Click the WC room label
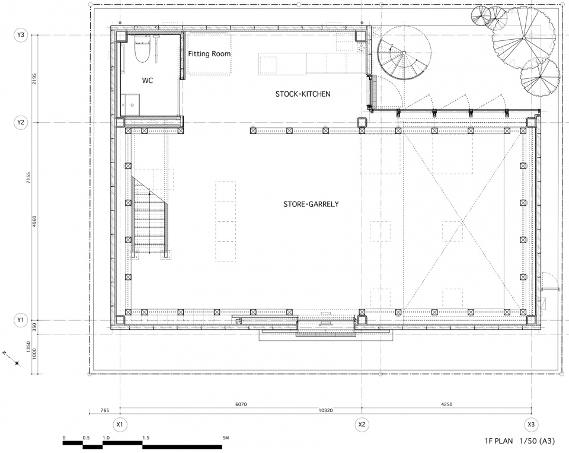coord(148,81)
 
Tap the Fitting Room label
coord(209,54)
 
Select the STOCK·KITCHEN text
coord(303,94)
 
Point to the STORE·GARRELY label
coord(311,204)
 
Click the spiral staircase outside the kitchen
coord(404,54)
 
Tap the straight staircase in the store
coord(149,217)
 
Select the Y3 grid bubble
coord(21,35)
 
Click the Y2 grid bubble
coord(21,122)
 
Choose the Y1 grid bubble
coord(21,320)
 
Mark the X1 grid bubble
coord(120,425)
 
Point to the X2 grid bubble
coord(362,425)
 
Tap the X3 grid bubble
coord(531,425)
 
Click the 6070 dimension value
coord(241,404)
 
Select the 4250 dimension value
coord(447,404)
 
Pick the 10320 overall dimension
coord(325,410)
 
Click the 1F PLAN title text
coord(498,441)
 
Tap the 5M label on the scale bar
coord(226,438)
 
